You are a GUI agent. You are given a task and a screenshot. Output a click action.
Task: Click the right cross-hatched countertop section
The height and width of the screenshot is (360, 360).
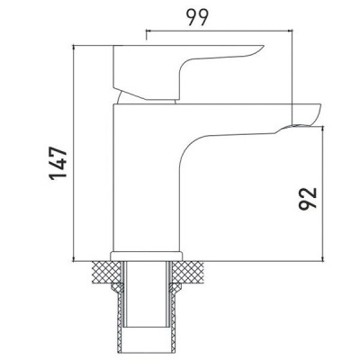(193, 271)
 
